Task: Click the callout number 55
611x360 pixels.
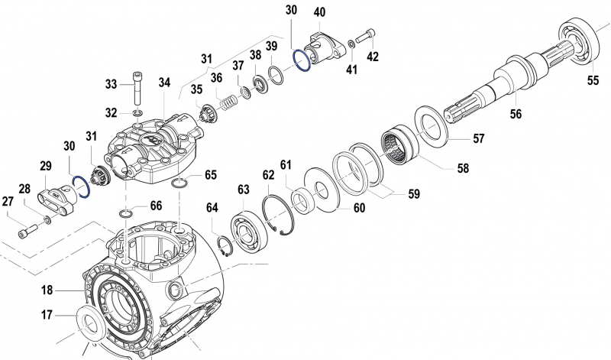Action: click(593, 79)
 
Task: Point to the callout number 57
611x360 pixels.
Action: click(479, 139)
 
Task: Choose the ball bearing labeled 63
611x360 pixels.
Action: click(247, 229)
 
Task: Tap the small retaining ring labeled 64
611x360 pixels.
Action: click(225, 247)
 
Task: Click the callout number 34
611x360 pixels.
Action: click(164, 82)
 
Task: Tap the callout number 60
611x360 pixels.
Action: click(357, 208)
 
